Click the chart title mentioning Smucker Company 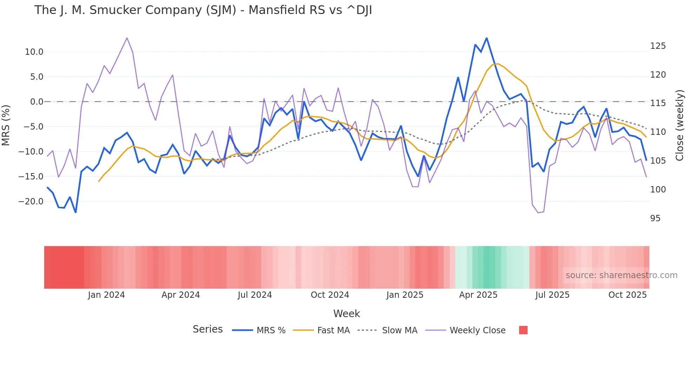[x=203, y=10]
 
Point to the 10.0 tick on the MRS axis [x=34, y=52]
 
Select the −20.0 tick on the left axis [x=31, y=202]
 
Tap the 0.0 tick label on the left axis [x=37, y=102]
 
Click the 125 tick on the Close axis [x=658, y=46]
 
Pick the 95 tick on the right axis [x=655, y=218]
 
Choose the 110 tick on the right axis [x=658, y=132]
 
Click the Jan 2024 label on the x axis [x=106, y=295]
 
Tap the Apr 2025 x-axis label [x=478, y=295]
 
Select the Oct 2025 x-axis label [x=627, y=295]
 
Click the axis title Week [x=346, y=314]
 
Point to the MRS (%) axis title [x=6, y=125]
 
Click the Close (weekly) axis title [x=680, y=125]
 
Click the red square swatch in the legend [x=523, y=330]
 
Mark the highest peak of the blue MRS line [x=487, y=38]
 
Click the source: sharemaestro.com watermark [x=621, y=275]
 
